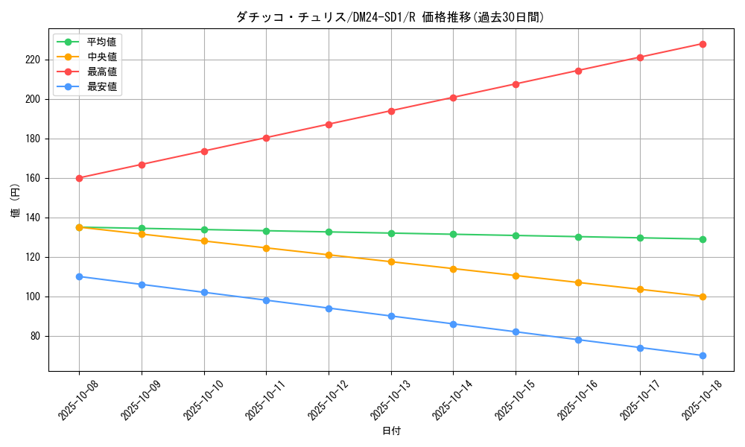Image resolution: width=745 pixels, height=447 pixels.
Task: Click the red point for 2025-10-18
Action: (703, 44)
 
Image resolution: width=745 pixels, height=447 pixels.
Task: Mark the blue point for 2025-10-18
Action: (703, 355)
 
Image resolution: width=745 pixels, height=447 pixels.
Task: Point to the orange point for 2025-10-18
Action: (703, 297)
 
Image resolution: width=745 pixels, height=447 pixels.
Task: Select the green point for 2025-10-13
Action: (391, 233)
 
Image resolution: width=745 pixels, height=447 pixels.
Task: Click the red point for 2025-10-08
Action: (79, 178)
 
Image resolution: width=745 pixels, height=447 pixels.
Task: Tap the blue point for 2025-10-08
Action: (79, 276)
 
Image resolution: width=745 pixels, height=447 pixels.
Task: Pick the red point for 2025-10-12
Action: (329, 124)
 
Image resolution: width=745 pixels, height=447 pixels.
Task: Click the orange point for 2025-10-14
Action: (453, 268)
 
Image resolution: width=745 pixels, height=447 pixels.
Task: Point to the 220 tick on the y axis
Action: (34, 60)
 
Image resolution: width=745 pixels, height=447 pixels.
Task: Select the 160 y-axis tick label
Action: (34, 178)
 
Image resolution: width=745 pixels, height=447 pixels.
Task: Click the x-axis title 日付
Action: (391, 431)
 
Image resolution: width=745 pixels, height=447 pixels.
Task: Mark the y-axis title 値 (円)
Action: (16, 200)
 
